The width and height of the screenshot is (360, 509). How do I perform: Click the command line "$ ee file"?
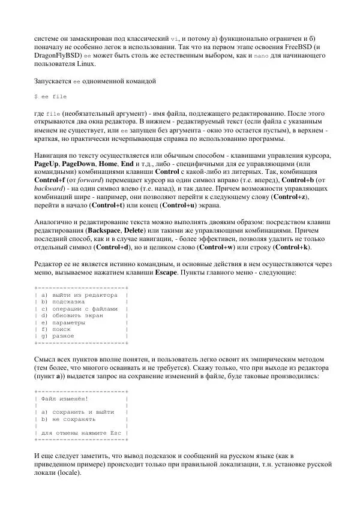pos(50,97)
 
